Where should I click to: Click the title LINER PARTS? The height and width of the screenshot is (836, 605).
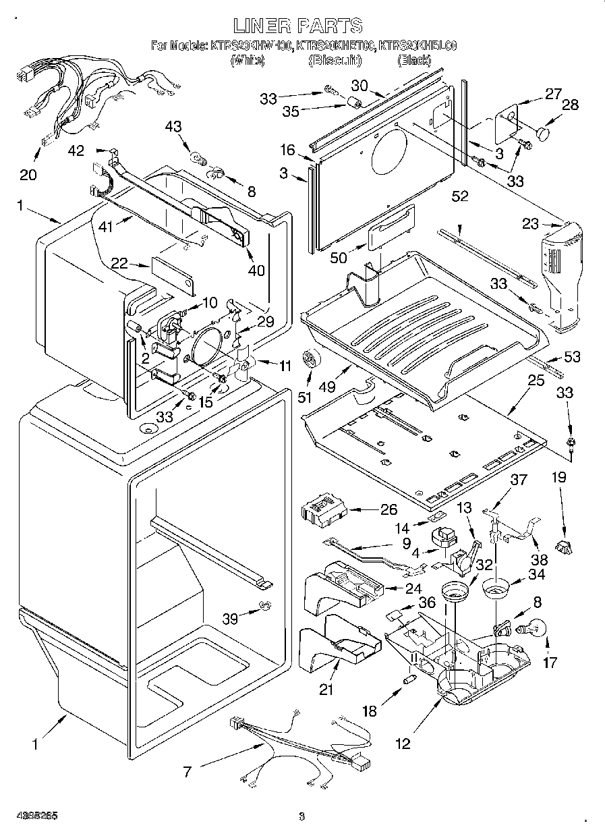(x=298, y=26)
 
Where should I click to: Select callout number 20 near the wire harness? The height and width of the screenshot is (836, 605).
(x=28, y=174)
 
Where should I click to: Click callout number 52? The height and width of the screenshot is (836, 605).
(x=461, y=196)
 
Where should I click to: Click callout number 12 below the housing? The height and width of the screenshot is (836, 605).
(x=403, y=745)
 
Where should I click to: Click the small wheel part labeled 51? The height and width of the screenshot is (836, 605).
(x=310, y=359)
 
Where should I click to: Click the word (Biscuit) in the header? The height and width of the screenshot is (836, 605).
(x=335, y=61)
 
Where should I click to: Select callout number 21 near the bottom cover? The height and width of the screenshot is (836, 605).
(x=327, y=690)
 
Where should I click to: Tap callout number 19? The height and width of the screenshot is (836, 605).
(x=558, y=478)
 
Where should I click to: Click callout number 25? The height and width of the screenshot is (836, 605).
(x=536, y=381)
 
